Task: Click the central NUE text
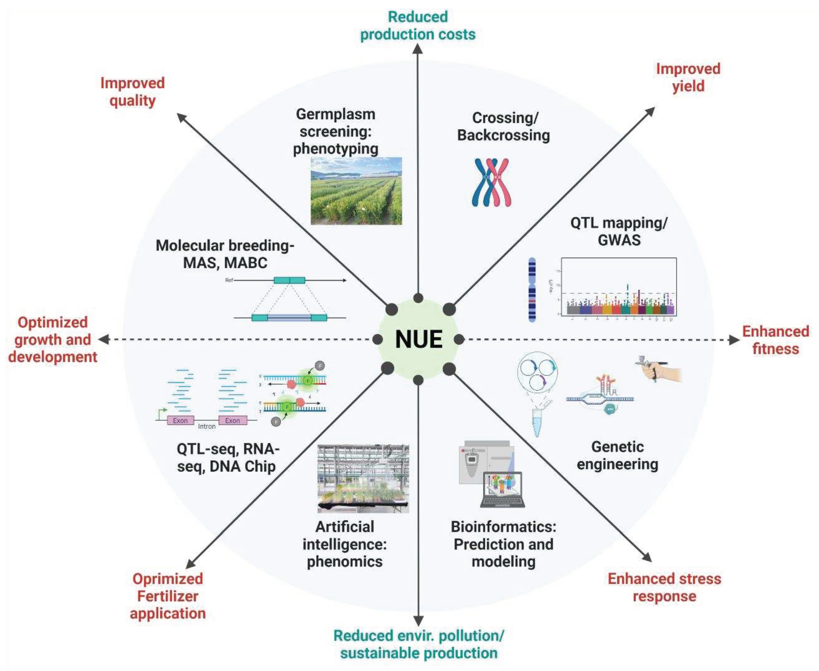419,339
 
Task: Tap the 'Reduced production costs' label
417,26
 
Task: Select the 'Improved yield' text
688,77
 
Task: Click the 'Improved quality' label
133,92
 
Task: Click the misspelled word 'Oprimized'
168,579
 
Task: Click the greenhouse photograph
363,478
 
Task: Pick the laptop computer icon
502,490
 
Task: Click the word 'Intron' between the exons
206,426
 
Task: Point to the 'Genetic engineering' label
617,455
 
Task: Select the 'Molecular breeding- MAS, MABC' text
225,254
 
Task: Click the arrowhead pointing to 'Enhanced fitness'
734,340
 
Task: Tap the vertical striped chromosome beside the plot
532,290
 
